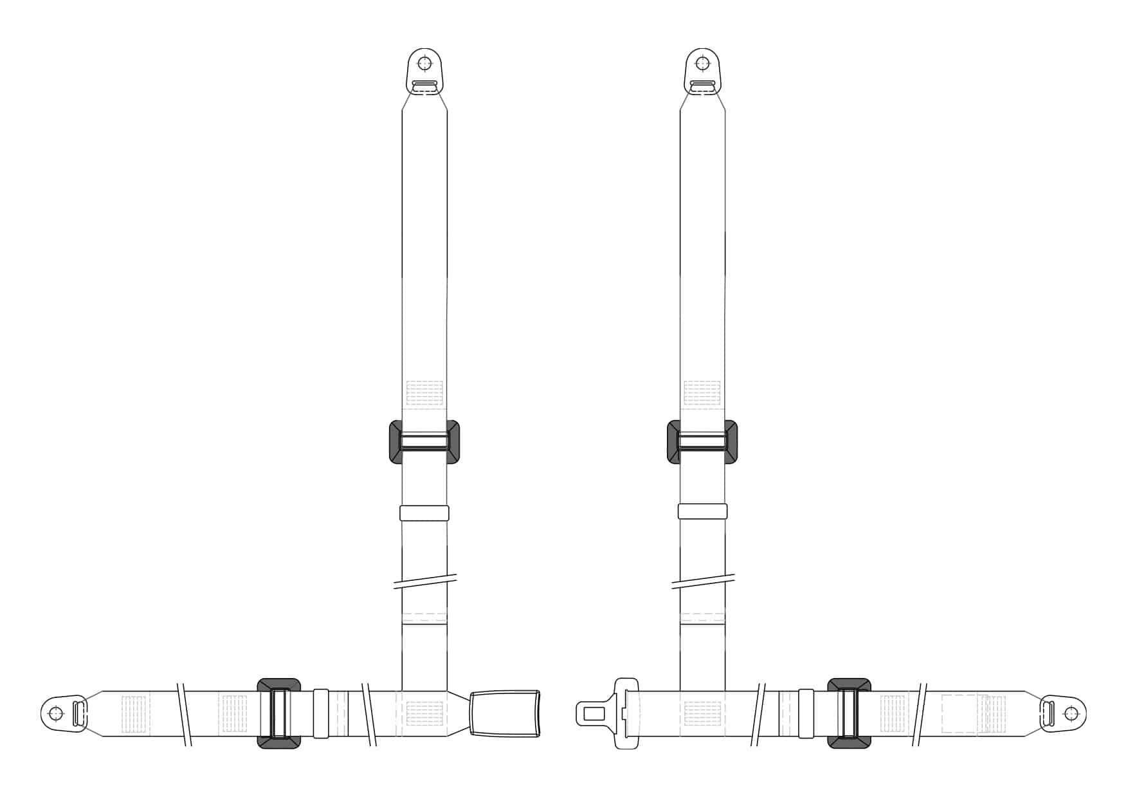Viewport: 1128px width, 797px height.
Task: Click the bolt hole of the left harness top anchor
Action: point(424,64)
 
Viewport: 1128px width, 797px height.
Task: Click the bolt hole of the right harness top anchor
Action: point(702,64)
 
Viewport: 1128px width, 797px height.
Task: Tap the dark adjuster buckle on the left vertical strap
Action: point(424,442)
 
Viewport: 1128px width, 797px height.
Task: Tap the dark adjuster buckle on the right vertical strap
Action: point(702,442)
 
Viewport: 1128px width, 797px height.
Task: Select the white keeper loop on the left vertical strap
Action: point(424,513)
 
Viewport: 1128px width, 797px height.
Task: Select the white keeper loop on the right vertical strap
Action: point(702,511)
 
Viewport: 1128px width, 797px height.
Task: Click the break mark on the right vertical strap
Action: point(702,581)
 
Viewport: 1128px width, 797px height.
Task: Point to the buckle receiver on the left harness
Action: point(505,713)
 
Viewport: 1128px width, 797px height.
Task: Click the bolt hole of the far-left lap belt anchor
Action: point(57,713)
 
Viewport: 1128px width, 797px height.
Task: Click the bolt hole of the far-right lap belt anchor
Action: point(1071,713)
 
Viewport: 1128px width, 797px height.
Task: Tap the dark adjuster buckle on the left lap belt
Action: point(278,713)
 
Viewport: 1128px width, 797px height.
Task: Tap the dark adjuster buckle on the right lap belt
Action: point(849,713)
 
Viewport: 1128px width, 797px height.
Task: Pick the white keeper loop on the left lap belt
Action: point(321,713)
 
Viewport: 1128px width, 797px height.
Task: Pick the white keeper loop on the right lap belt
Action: point(806,713)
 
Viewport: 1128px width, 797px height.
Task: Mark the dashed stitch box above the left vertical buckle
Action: point(424,393)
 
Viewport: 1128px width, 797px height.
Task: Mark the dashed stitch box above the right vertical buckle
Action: point(702,393)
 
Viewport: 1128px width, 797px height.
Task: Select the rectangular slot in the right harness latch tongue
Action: point(594,713)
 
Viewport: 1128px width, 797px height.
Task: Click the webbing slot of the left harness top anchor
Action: point(424,84)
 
